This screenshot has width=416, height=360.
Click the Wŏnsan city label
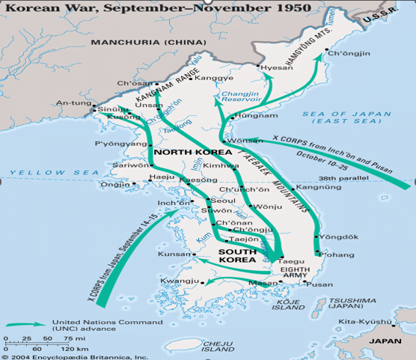[x=245, y=140]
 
